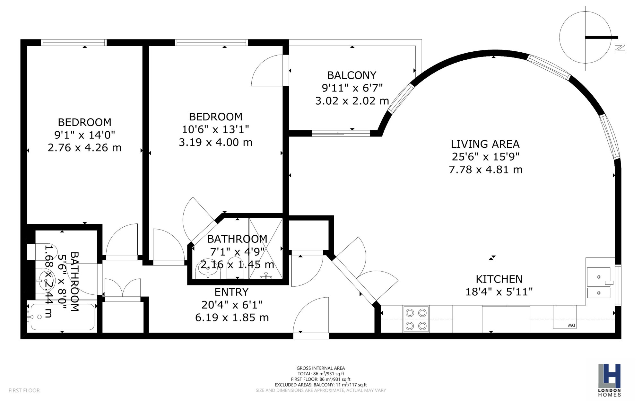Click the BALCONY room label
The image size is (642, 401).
(351, 75)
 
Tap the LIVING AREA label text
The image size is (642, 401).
(485, 144)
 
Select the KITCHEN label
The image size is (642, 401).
(499, 279)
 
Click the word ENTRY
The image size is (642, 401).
(231, 292)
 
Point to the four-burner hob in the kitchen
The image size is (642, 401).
(416, 319)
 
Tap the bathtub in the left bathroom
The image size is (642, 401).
(63, 317)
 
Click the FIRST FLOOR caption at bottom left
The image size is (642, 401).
(24, 390)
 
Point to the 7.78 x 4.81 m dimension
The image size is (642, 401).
(486, 170)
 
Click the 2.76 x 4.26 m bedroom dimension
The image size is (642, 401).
(84, 148)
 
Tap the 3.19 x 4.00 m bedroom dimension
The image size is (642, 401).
(215, 142)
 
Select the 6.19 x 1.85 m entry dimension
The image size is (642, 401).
(232, 318)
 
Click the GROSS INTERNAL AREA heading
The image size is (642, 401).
(321, 368)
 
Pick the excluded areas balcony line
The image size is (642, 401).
(321, 385)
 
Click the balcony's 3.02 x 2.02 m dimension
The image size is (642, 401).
(352, 101)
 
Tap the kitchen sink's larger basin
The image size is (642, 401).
(599, 277)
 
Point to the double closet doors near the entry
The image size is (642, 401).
(123, 288)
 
